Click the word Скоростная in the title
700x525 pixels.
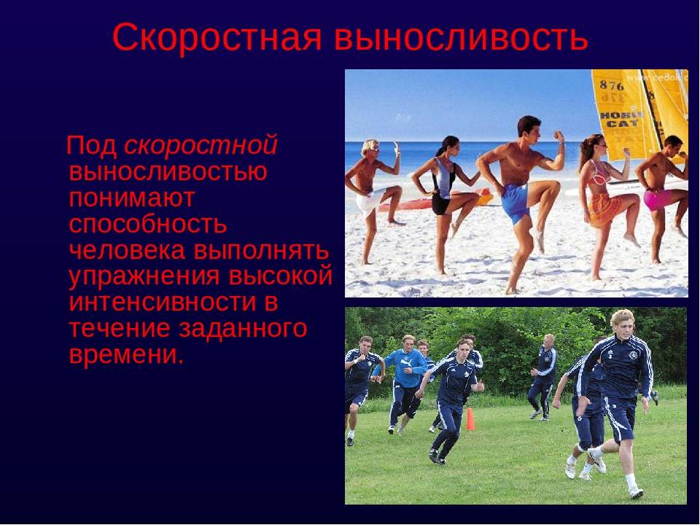coord(217,38)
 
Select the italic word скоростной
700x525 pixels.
coord(201,145)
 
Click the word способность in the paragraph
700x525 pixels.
coord(148,223)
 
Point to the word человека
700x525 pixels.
coord(128,250)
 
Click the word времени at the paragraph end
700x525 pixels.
coord(124,354)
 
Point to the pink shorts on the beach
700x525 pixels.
coord(657,199)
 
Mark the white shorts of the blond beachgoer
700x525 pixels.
coord(368,200)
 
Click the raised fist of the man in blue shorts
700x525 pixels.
coord(558,136)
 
